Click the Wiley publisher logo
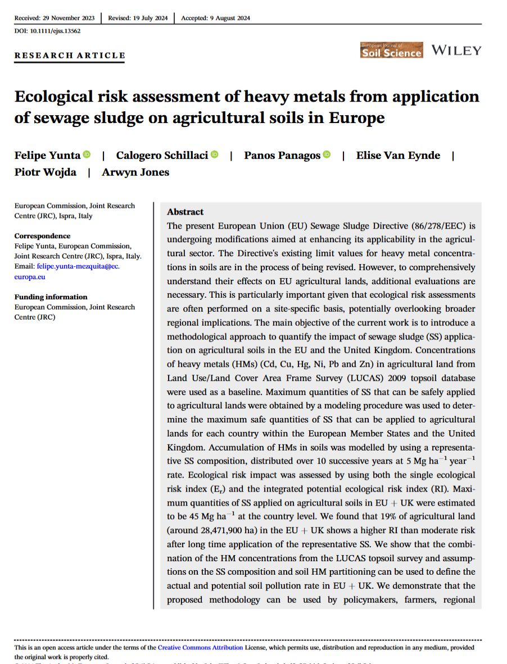[x=456, y=51]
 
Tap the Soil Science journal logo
[x=391, y=51]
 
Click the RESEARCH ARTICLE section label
[x=70, y=55]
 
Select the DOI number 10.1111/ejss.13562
[x=47, y=31]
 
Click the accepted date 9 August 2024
[x=216, y=18]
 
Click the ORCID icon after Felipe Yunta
[x=87, y=154]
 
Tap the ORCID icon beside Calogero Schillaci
[x=215, y=154]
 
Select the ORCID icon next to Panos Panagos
[x=327, y=154]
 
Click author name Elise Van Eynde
[x=398, y=155]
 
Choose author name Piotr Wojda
[x=46, y=172]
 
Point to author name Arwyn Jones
[x=135, y=172]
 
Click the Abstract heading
[x=185, y=212]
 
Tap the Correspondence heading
[x=43, y=236]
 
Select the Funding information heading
[x=51, y=297]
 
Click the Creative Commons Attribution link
[x=201, y=648]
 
